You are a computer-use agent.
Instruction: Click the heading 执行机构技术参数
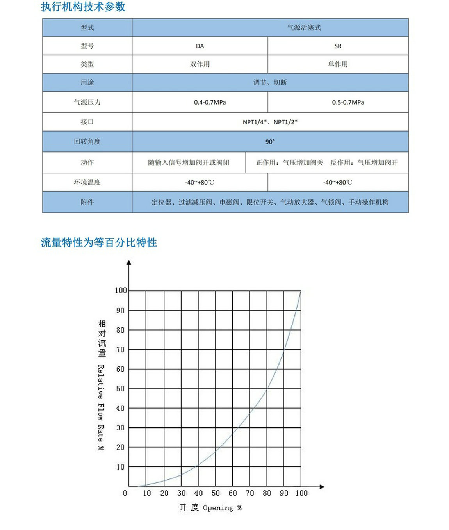coord(83,7)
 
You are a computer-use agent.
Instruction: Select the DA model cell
coord(200,46)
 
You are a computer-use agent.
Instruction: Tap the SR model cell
coord(338,46)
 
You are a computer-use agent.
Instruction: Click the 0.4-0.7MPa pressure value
coord(210,102)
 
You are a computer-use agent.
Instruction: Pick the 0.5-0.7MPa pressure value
coord(348,102)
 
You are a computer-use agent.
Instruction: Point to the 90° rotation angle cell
coord(270,142)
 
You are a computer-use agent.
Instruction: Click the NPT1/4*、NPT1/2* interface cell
coord(270,122)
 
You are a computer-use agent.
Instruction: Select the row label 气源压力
coord(87,102)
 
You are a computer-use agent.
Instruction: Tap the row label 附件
coord(87,202)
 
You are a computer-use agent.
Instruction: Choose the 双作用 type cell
coord(200,64)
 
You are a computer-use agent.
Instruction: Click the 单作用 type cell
coord(338,64)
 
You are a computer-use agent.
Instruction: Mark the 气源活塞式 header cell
coord(304,28)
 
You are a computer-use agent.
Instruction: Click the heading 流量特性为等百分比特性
coord(99,242)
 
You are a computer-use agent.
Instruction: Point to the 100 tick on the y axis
coord(121,290)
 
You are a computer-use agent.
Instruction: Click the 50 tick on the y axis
coord(120,389)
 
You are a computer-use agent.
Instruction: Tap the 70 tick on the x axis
coord(250,493)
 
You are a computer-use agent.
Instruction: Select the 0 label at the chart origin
coord(125,493)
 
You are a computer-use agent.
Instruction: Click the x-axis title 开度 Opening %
coord(210,508)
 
